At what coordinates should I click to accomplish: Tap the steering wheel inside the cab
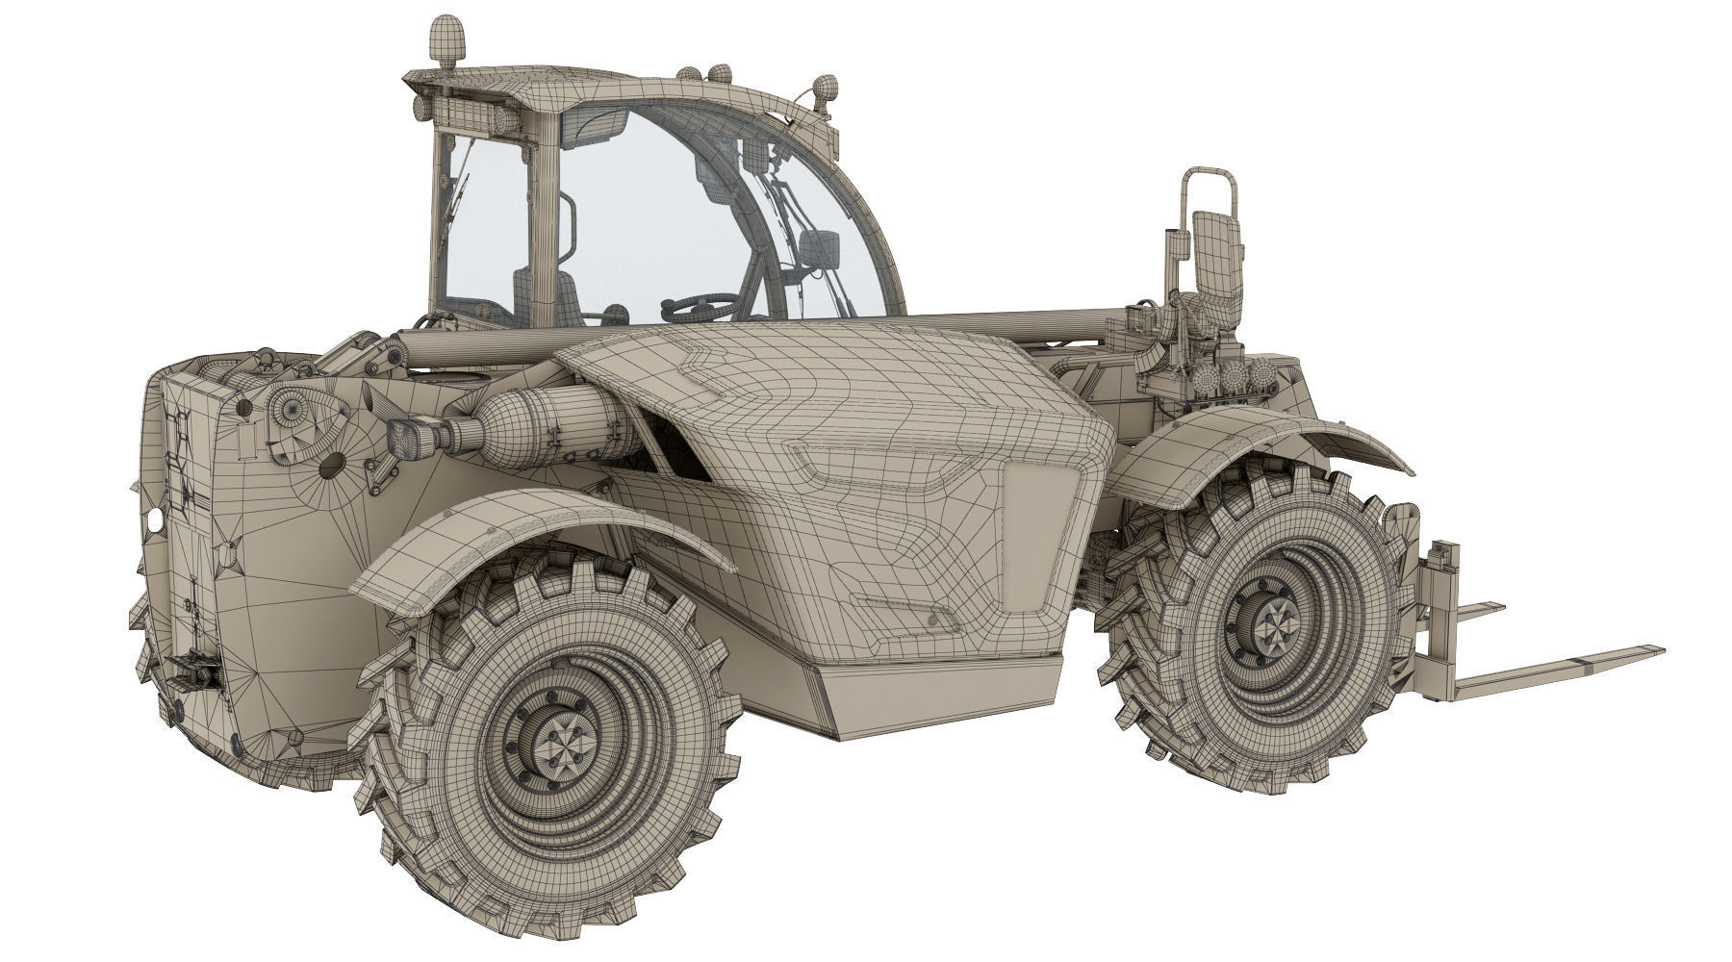(695, 307)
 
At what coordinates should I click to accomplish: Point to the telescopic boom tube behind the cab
(1010, 325)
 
